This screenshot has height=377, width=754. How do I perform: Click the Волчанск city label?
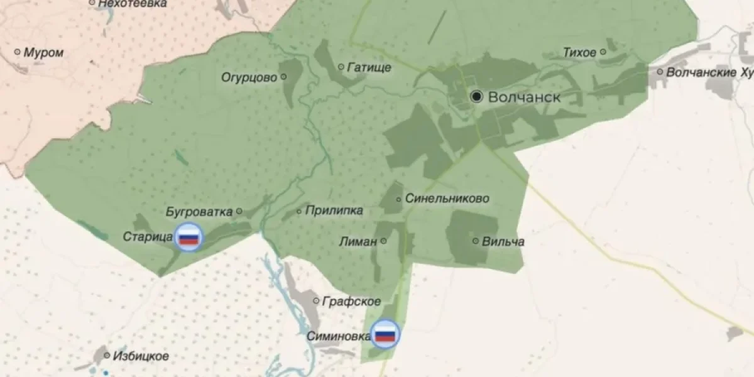click(524, 97)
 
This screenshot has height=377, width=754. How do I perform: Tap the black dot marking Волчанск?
click(477, 96)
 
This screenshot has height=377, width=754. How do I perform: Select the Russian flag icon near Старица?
click(188, 238)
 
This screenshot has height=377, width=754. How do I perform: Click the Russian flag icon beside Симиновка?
click(385, 334)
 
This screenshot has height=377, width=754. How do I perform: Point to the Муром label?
click(43, 53)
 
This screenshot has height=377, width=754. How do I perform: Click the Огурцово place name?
click(249, 77)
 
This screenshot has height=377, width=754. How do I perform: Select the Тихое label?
click(579, 52)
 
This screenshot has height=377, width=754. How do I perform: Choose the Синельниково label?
click(447, 199)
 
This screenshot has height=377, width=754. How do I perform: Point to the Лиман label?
click(358, 241)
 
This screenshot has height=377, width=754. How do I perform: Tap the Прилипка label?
click(334, 210)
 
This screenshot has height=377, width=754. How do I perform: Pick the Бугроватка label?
click(199, 212)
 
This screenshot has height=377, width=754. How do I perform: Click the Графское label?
click(351, 302)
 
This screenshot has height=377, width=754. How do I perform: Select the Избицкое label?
click(141, 356)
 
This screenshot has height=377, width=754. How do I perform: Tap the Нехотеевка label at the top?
click(133, 4)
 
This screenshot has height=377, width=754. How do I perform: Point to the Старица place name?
click(148, 237)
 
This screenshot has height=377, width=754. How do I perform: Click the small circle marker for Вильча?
click(476, 241)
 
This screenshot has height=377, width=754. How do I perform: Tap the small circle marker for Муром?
click(17, 52)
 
